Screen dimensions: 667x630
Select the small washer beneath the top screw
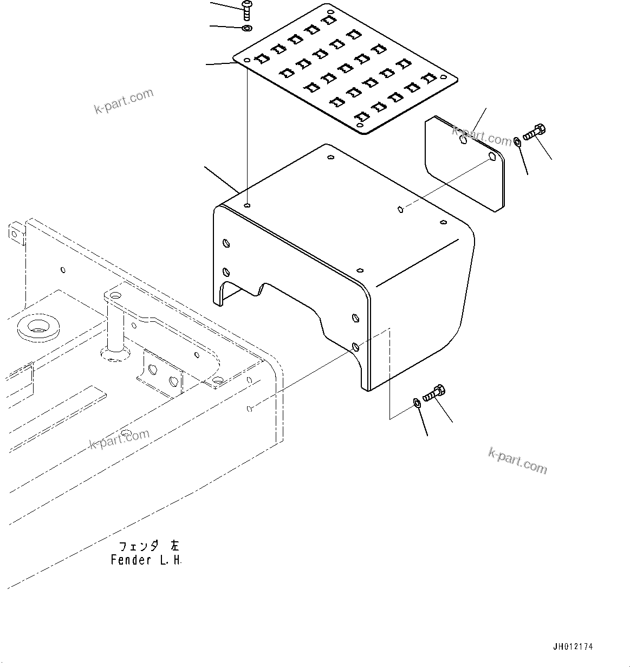(247, 28)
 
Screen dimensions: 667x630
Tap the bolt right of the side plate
(535, 132)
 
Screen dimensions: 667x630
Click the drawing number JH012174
(573, 646)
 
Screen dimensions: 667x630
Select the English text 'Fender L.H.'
(146, 560)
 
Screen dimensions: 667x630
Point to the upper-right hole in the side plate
(492, 157)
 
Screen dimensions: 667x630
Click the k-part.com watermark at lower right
(517, 461)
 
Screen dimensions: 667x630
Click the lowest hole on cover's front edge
(355, 346)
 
